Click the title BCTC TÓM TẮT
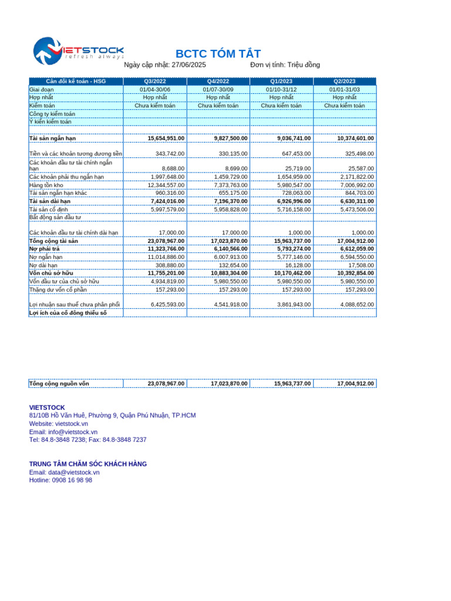click(218, 54)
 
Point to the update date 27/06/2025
click(189, 65)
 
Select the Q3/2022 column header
click(155, 81)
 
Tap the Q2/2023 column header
click(344, 81)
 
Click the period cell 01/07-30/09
click(218, 89)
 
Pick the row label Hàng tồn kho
click(46, 185)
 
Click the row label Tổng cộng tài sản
click(53, 241)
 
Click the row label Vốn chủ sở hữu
click(51, 273)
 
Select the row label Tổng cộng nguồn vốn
click(59, 383)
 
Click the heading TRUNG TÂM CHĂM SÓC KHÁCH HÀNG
click(88, 464)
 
